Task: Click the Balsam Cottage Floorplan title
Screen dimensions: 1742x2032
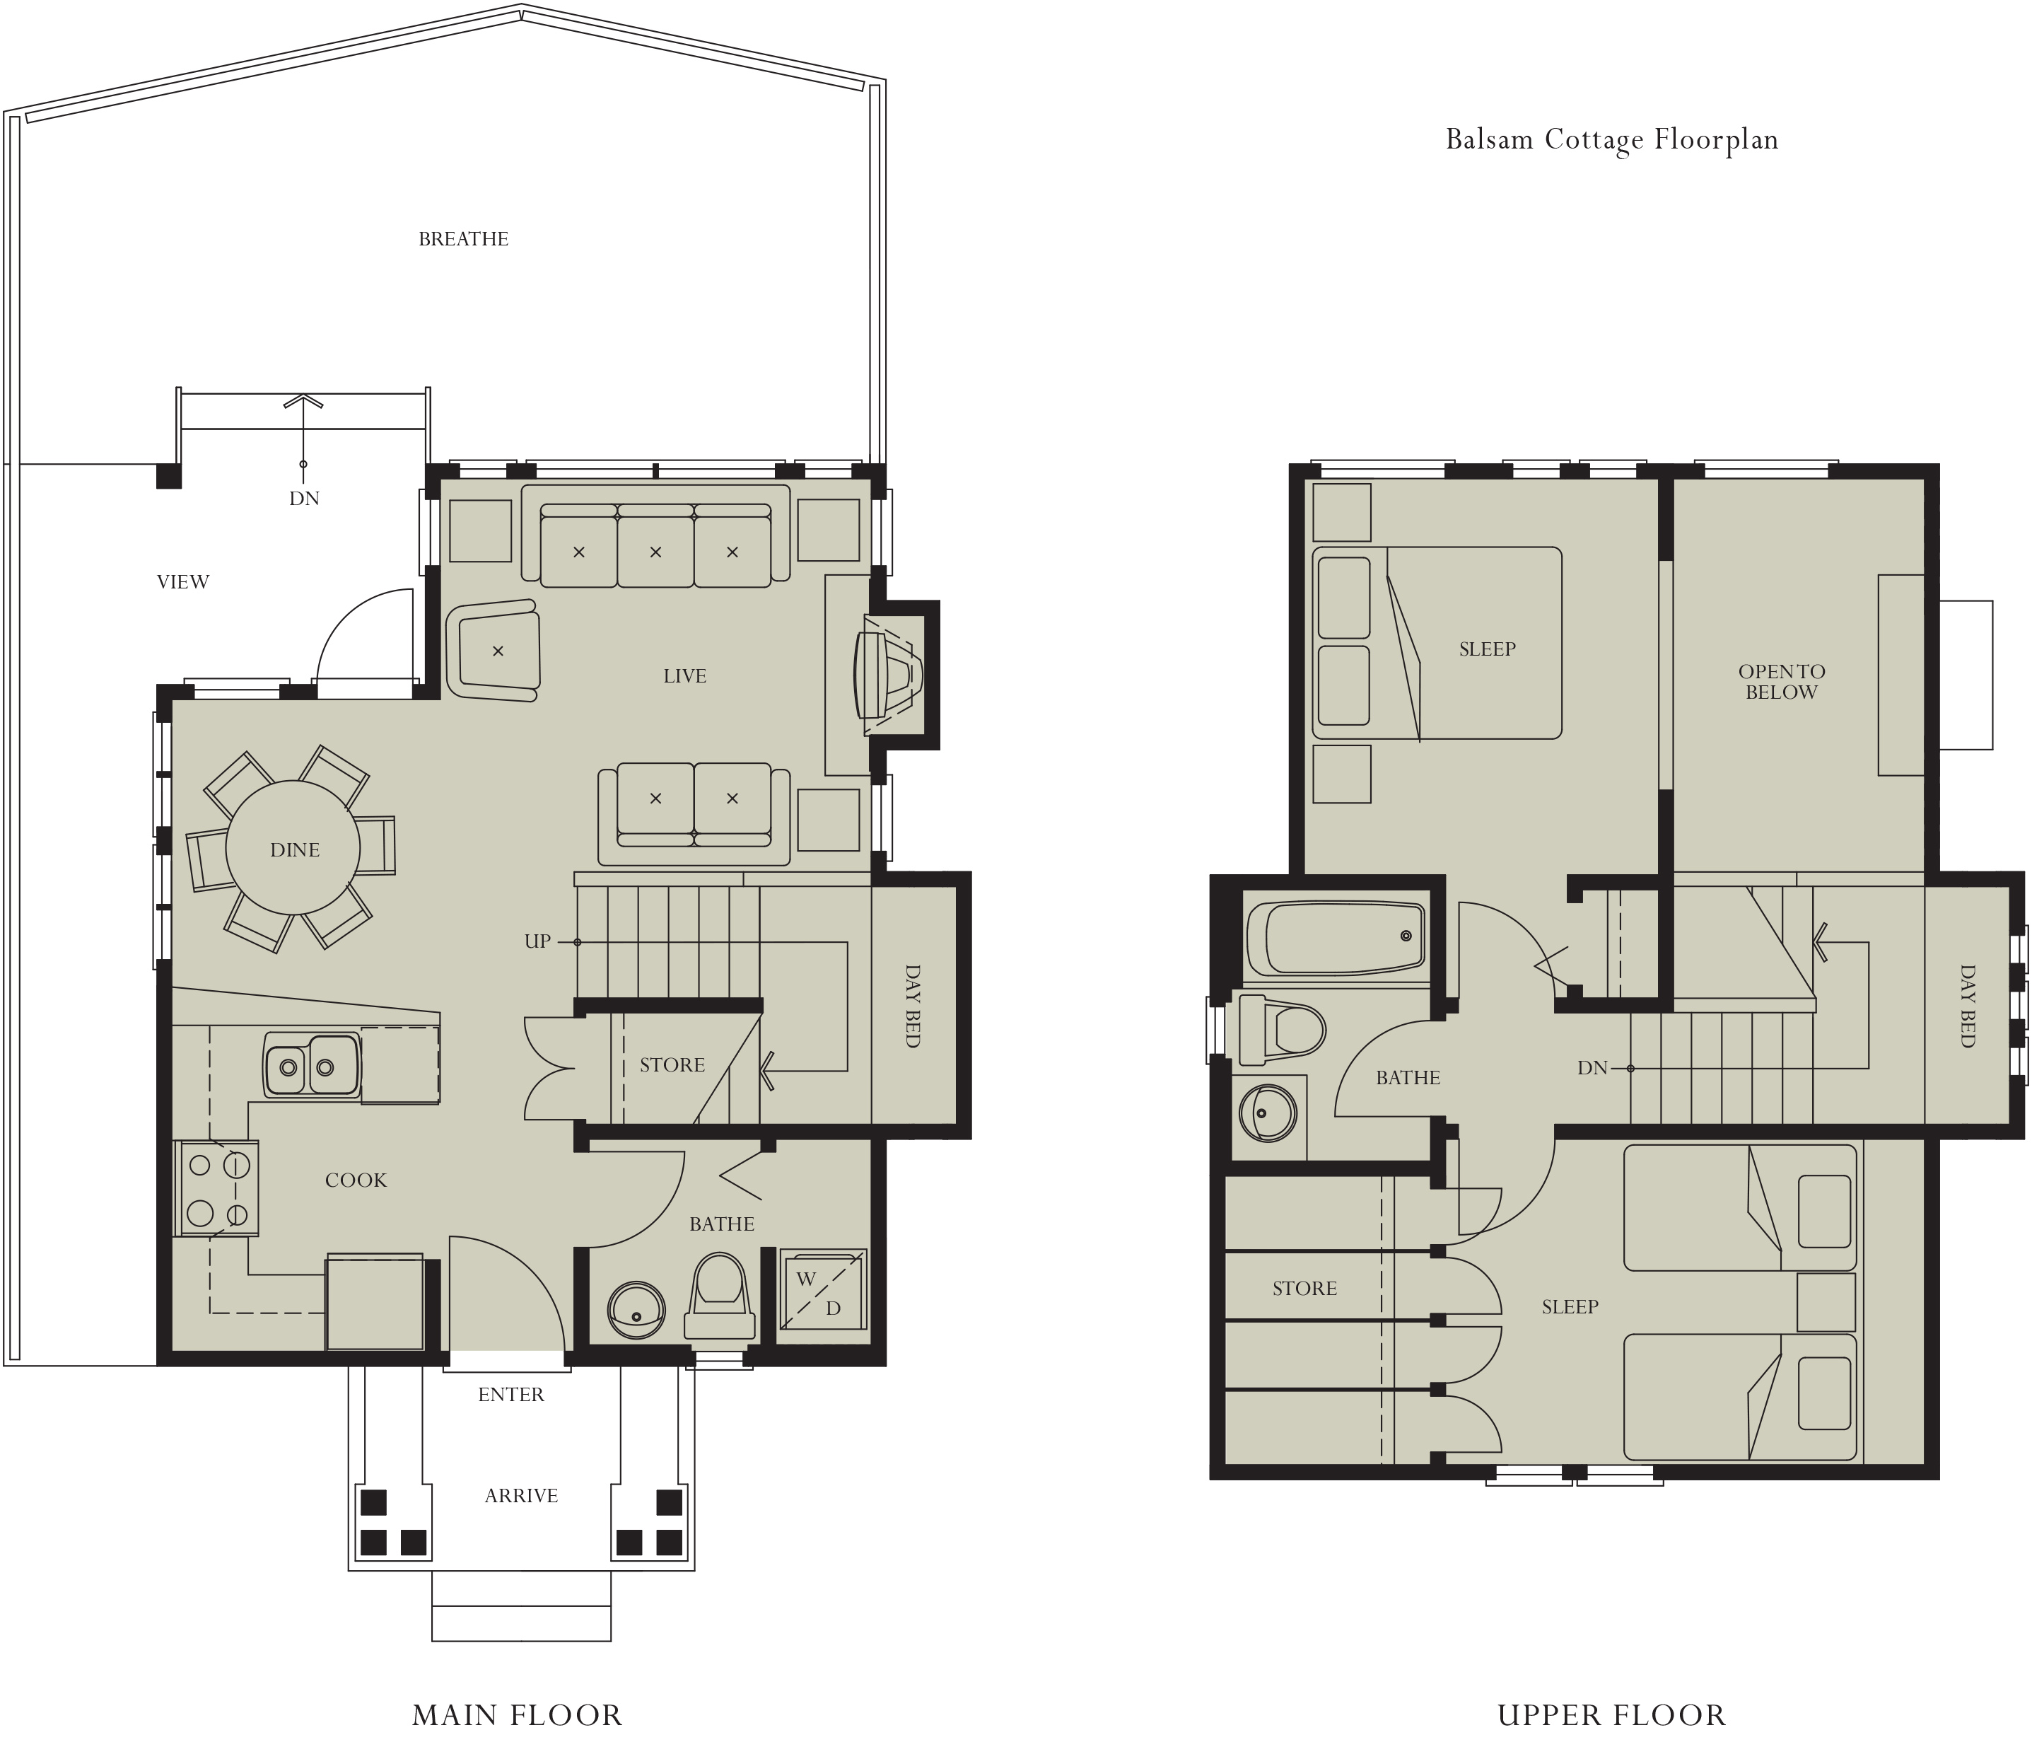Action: point(1611,139)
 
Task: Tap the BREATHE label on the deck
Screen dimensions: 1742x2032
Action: point(463,239)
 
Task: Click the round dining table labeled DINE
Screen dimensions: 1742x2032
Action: point(293,849)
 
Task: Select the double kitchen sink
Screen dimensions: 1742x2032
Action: point(312,1065)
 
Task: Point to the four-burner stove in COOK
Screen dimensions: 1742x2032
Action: point(218,1188)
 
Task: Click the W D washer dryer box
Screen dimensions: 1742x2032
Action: point(822,1289)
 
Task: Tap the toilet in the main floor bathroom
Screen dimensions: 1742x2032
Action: point(720,1295)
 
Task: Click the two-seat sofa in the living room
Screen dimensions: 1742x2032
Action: point(694,813)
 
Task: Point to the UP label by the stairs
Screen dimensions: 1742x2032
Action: point(537,941)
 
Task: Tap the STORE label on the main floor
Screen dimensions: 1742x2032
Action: point(672,1065)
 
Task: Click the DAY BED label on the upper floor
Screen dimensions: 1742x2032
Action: point(1967,1005)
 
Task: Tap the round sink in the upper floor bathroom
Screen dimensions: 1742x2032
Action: point(1267,1113)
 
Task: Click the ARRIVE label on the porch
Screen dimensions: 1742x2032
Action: point(521,1496)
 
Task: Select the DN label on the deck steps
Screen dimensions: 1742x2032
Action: point(304,499)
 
